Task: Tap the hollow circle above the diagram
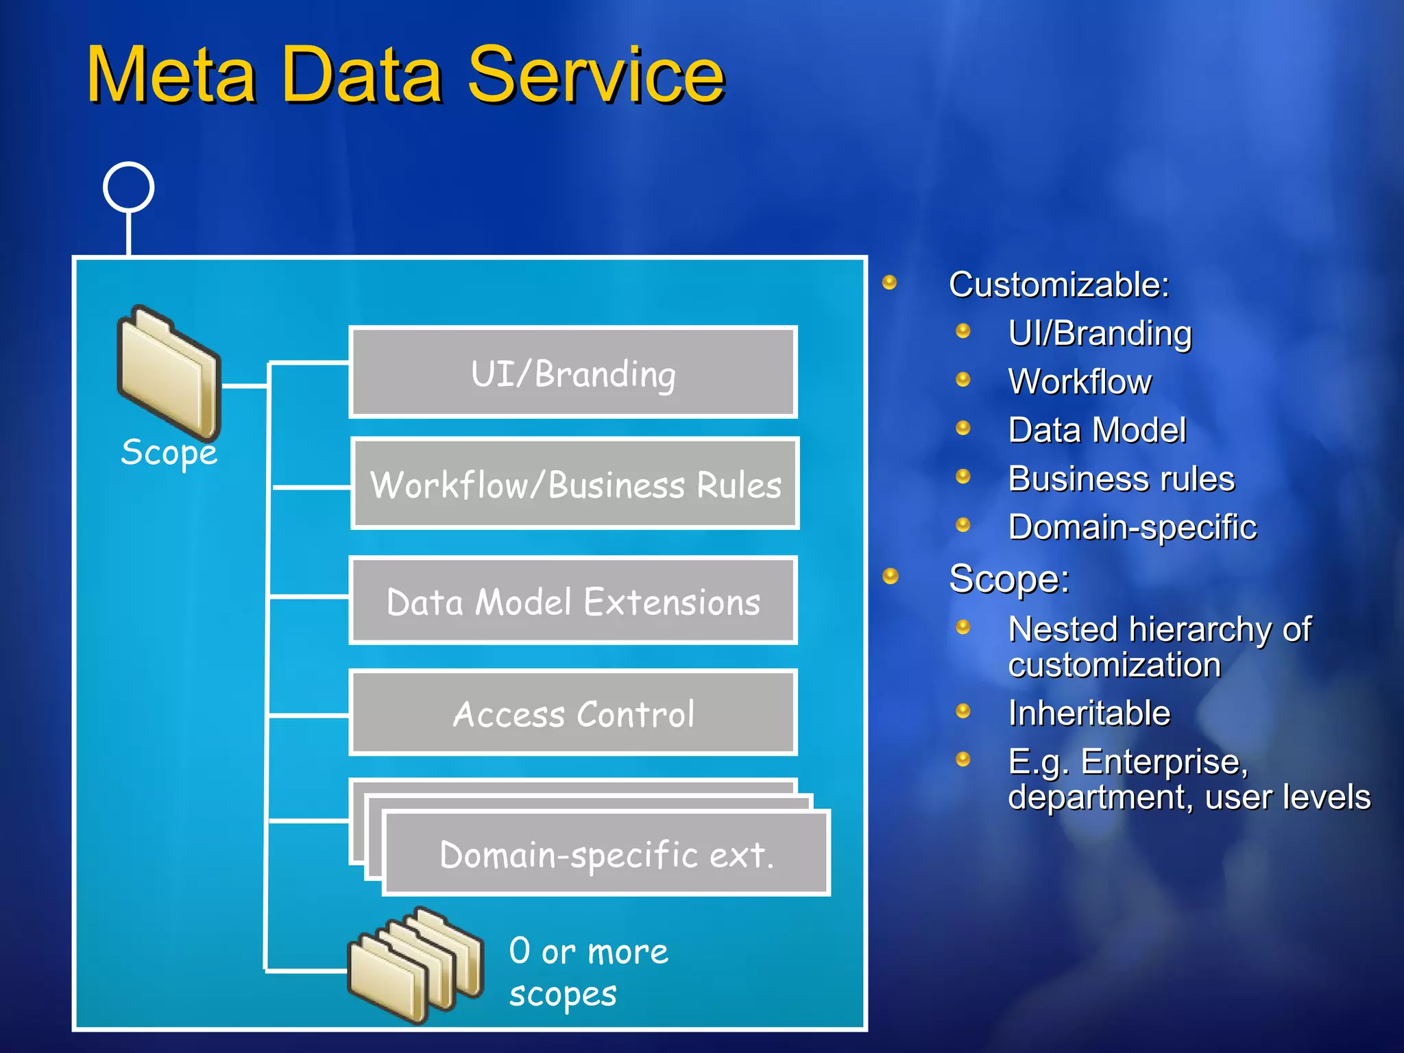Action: pos(128,187)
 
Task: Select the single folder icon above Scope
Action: pos(169,372)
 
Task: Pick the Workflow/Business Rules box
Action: pos(575,485)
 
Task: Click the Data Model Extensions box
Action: pos(573,602)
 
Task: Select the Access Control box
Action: pos(573,714)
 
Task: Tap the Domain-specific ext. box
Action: pos(606,854)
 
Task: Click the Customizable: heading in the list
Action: pos(1058,285)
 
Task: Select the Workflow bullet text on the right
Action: pos(1079,382)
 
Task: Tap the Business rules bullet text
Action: pos(1121,479)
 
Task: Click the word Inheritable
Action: pos(1089,713)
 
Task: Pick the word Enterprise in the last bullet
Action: pos(1164,762)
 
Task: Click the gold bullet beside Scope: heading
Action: pos(890,576)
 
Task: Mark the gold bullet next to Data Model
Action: pos(963,428)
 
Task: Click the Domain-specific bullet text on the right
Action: pos(1132,527)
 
